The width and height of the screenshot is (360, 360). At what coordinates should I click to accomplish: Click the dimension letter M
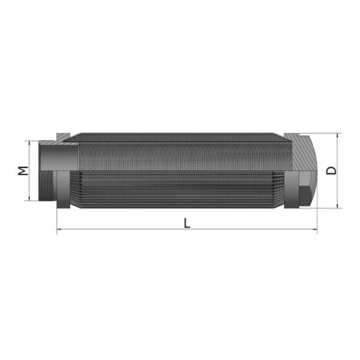tap(22, 170)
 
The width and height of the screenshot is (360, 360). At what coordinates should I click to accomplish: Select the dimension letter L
tap(187, 223)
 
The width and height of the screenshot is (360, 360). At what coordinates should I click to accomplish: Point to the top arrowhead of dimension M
tap(29, 143)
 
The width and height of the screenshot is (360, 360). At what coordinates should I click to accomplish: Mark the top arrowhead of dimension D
tap(339, 136)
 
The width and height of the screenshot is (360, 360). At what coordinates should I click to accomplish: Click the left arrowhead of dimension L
tap(59, 229)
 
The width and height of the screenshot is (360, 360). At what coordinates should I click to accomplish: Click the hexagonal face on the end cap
tap(304, 189)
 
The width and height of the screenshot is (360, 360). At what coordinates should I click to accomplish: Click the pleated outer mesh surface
tap(180, 189)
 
